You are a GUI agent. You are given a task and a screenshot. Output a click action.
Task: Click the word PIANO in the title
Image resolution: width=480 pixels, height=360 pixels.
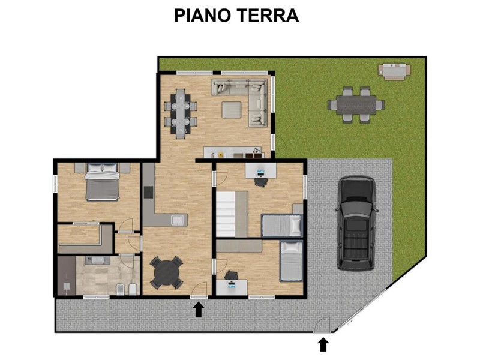coord(202,16)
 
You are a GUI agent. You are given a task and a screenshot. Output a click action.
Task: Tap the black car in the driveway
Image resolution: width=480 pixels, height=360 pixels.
coord(356,223)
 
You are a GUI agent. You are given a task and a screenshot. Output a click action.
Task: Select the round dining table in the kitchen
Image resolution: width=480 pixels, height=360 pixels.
coord(167,272)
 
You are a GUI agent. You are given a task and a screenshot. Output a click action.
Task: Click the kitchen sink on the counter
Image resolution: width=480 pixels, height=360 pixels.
coord(178,220)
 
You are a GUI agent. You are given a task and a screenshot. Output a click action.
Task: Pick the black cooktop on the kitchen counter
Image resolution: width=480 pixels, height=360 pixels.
coord(148,192)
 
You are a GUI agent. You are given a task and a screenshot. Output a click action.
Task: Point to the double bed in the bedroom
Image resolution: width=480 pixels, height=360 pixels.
coord(102,182)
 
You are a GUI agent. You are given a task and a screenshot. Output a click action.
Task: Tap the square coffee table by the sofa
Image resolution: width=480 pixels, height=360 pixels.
coord(232,110)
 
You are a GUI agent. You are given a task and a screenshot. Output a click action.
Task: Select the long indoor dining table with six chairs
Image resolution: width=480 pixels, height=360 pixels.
coord(181,113)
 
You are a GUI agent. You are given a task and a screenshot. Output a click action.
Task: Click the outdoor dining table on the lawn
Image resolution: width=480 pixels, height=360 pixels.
coord(356,104)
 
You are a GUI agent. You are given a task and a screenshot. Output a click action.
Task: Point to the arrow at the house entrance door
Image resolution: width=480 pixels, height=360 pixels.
coord(199,310)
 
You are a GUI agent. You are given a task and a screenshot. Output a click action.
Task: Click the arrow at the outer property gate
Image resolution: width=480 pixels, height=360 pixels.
coord(323,344)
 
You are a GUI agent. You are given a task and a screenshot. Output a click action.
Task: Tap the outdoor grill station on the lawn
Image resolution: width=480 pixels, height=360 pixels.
coord(395,71)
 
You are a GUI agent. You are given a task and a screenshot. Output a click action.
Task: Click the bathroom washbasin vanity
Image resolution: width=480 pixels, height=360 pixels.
coord(98,260)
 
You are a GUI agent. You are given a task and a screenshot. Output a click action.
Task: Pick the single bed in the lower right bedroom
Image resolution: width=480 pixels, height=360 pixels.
coord(291,261)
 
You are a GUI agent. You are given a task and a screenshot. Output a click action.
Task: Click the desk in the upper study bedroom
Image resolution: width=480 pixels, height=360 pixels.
coord(261,170)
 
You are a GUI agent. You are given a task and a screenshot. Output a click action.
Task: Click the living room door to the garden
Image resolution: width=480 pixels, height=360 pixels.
coord(279,142)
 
